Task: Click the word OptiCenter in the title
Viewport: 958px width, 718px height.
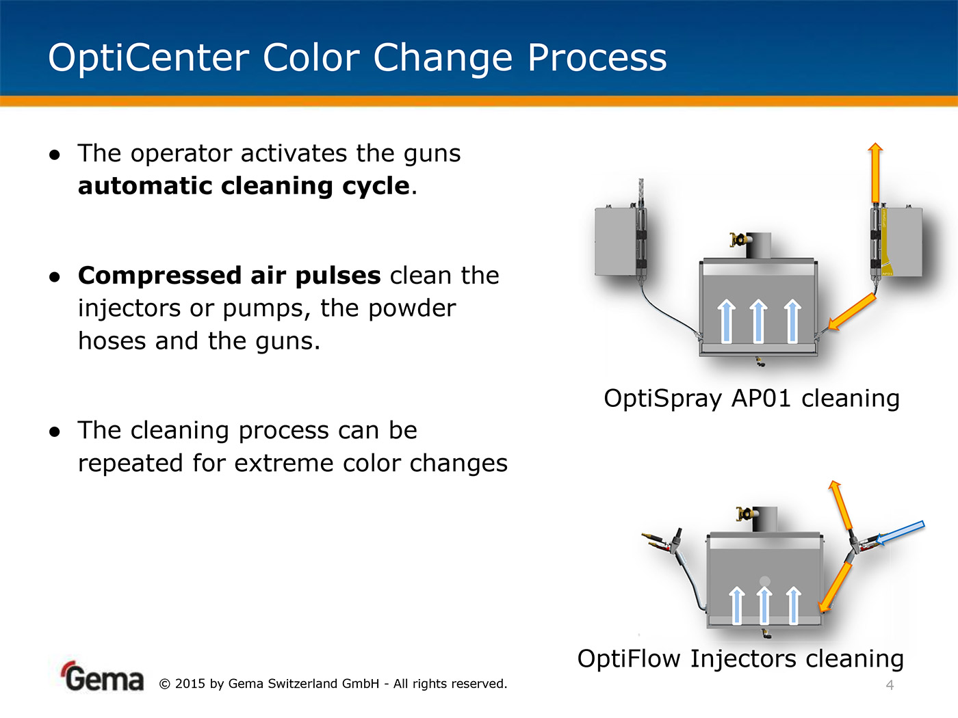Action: (x=148, y=58)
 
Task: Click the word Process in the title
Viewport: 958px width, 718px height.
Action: (x=597, y=58)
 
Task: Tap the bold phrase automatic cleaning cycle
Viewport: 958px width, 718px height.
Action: (x=244, y=187)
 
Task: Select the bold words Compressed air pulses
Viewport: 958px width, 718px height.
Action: (x=229, y=276)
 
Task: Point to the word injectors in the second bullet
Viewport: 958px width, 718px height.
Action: (x=129, y=308)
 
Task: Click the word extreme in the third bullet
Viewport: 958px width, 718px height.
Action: (x=284, y=462)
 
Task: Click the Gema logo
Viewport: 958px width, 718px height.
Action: (x=103, y=676)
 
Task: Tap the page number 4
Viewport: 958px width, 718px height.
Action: (x=890, y=685)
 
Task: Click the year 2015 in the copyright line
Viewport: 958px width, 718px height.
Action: (x=190, y=684)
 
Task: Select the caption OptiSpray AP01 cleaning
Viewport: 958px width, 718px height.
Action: (x=751, y=399)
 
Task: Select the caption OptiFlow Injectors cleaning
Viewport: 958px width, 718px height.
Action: (x=740, y=659)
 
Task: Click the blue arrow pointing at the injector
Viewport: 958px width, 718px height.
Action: (x=900, y=533)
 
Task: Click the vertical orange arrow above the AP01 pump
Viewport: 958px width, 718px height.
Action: (x=875, y=172)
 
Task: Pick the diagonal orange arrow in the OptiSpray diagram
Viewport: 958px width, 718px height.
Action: (x=852, y=311)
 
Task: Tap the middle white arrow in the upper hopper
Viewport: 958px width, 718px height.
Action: (x=759, y=321)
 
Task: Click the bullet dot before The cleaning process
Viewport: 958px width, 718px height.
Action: (x=55, y=431)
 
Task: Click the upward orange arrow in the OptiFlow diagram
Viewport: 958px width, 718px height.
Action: (x=840, y=505)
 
